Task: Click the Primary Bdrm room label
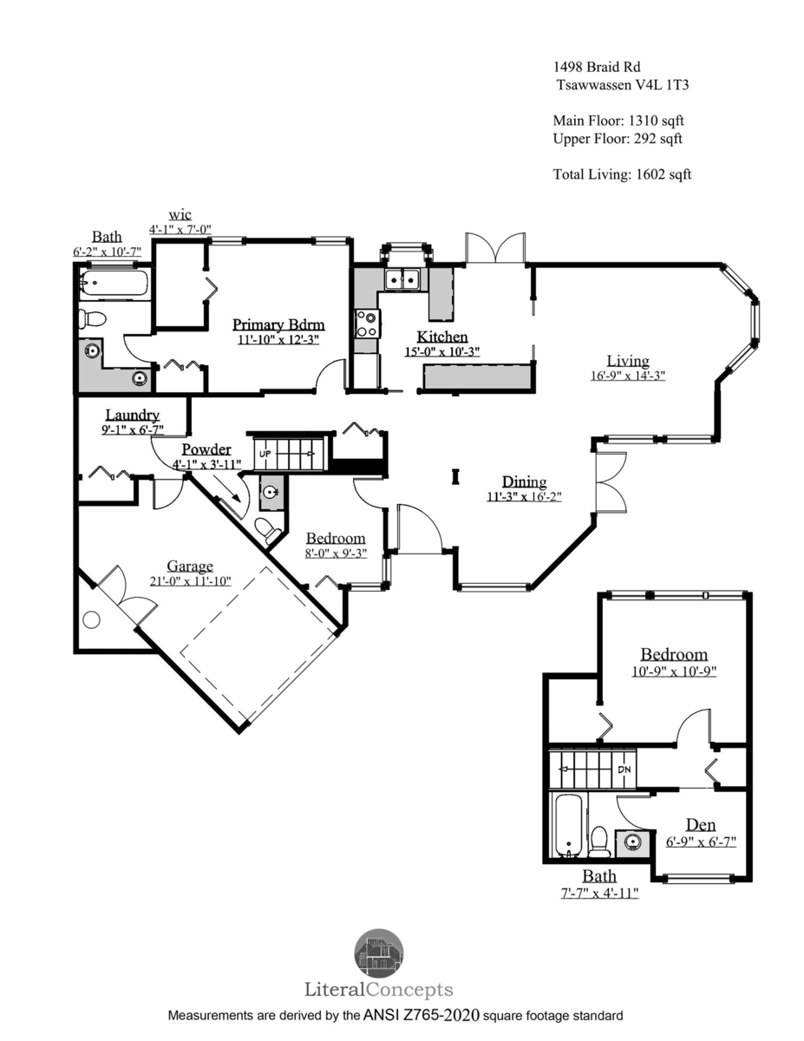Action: point(278,324)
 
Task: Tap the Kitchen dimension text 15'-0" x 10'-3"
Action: point(441,351)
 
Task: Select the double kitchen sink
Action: point(402,279)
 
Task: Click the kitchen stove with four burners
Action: point(367,324)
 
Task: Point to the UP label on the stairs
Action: point(265,453)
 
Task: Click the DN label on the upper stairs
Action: point(624,769)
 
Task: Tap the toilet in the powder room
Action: point(267,530)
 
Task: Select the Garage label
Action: point(190,566)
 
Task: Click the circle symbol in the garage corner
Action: point(91,620)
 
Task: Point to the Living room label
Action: point(628,360)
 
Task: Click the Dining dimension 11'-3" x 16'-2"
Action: point(524,496)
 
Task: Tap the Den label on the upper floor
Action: point(701,824)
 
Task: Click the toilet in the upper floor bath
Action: point(599,841)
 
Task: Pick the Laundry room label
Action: point(132,415)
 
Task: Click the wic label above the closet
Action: point(180,214)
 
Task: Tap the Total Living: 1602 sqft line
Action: point(622,173)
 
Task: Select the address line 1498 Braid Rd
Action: point(597,67)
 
